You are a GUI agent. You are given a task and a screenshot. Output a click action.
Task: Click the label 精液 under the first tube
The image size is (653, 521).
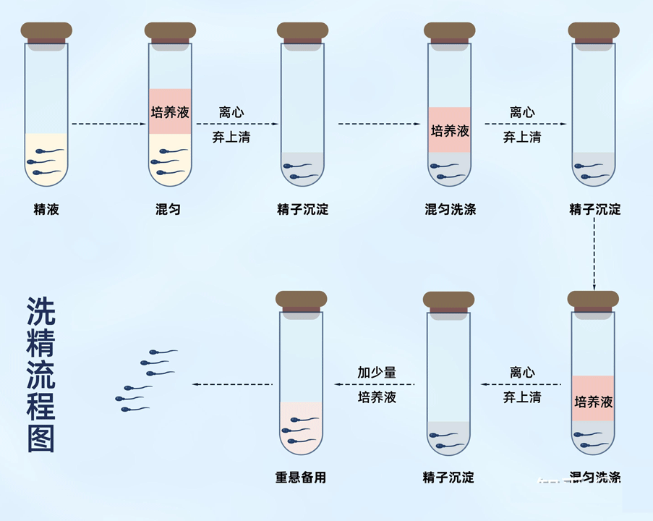point(46,210)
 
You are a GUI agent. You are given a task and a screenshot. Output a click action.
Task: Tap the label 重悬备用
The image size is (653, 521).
point(301,478)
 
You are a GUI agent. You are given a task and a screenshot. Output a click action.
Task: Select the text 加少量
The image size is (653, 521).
point(377,373)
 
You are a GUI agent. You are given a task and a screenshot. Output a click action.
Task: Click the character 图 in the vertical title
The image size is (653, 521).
point(41,439)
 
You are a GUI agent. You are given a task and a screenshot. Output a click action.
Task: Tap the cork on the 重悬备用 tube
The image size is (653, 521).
point(302,300)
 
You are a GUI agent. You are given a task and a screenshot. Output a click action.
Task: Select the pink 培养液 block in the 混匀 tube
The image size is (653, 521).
point(170,111)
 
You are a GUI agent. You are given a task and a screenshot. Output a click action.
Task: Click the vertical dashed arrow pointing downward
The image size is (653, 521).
point(594,253)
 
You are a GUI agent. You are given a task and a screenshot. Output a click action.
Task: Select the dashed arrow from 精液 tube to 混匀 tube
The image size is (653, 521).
point(108,124)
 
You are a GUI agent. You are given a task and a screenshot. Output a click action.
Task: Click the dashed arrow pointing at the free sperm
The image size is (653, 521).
point(231,384)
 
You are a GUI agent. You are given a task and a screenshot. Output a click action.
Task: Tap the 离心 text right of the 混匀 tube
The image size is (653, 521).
point(231,113)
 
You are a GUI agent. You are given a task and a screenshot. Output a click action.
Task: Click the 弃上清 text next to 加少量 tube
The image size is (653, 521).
point(521,397)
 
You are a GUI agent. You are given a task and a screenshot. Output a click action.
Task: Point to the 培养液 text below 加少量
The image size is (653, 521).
point(377,397)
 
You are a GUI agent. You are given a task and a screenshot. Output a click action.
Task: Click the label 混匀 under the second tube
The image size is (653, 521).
point(168,210)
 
